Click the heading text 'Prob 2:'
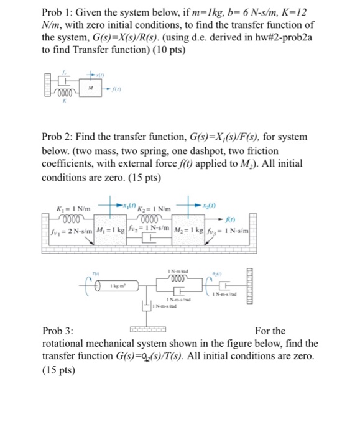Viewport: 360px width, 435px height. tap(60, 136)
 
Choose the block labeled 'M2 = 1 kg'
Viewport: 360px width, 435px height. tap(191, 232)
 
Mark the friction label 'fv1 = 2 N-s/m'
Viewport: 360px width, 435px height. tap(69, 232)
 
